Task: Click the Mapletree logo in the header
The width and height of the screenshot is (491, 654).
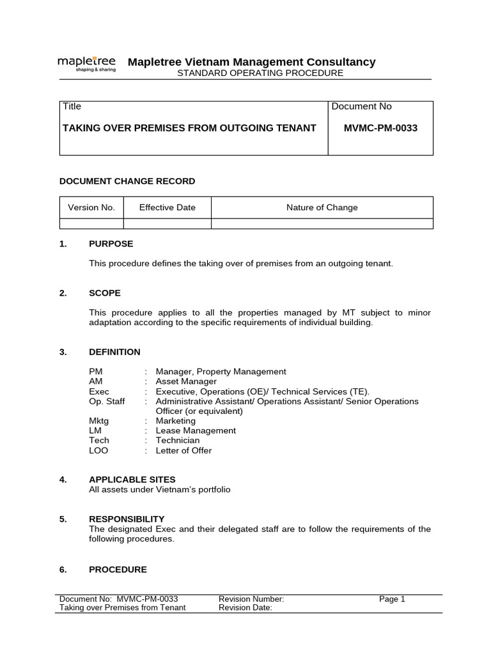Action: coord(87,63)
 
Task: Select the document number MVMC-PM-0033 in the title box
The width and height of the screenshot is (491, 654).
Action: coord(380,128)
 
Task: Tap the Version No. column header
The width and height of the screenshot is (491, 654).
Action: coord(91,208)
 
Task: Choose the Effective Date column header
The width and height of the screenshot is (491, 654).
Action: coord(168,208)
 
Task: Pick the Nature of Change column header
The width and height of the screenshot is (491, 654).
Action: coord(322,208)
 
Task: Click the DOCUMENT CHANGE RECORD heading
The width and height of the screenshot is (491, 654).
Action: coord(127,181)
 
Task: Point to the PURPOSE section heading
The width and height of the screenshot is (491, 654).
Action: coord(111,244)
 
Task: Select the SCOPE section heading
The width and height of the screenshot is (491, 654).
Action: coord(105,293)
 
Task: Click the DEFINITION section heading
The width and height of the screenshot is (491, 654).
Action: coord(115,352)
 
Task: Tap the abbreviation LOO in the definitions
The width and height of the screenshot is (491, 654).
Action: coord(98,450)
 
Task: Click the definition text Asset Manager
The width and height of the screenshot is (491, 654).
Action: coord(186,381)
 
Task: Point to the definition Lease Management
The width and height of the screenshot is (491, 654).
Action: coord(196,430)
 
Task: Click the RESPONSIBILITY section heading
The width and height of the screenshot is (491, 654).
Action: coord(127,519)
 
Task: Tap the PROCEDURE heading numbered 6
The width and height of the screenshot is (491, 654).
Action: coord(118,570)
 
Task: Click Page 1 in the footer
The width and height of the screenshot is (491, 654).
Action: coord(392,599)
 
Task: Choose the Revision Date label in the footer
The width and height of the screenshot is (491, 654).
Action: coord(245,608)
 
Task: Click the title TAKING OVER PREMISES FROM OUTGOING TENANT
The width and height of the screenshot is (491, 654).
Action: coord(189,128)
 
